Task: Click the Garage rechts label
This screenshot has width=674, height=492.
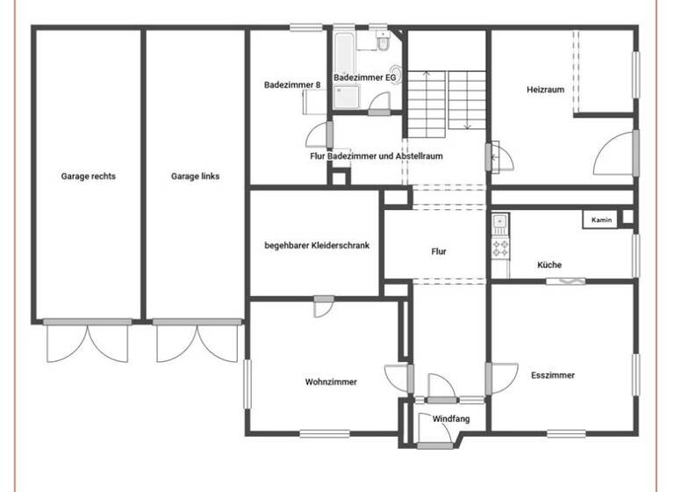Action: tap(88, 176)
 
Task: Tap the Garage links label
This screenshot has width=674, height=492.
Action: tap(195, 176)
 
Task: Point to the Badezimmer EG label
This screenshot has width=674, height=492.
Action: tap(366, 77)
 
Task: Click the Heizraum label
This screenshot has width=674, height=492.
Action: tap(545, 90)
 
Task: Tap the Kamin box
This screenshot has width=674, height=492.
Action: tap(601, 220)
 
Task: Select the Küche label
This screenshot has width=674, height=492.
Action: tap(549, 264)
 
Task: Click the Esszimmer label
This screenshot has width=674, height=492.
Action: tap(553, 375)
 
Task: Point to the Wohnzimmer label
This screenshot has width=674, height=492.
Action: tap(331, 382)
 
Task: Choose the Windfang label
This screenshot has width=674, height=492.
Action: tap(451, 419)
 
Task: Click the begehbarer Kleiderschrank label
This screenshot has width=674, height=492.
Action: tap(317, 246)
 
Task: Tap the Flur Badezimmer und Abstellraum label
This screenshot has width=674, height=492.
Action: tap(376, 156)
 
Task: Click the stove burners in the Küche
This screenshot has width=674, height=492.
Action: tap(501, 247)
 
